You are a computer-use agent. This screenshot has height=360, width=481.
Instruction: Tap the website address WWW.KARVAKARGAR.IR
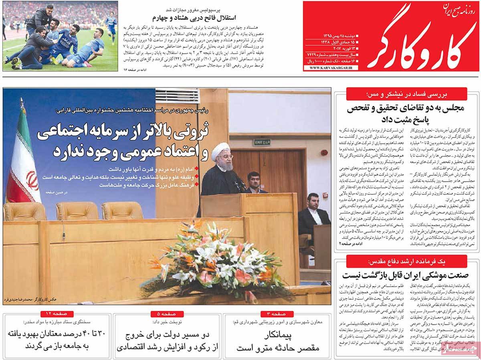point(330,69)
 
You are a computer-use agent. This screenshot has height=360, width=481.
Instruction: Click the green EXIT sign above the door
point(263,142)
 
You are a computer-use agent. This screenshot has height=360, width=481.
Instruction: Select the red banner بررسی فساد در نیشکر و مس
point(406,94)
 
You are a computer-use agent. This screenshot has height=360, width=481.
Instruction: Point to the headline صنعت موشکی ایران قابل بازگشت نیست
point(406,275)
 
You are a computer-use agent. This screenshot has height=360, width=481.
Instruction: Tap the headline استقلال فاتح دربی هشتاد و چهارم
point(194,18)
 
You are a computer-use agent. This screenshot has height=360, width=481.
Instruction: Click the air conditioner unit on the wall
point(177,97)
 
